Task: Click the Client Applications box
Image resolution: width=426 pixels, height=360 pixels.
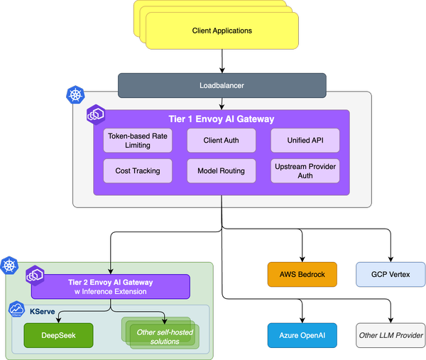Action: coord(222,31)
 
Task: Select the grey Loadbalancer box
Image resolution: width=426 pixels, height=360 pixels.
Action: coord(222,85)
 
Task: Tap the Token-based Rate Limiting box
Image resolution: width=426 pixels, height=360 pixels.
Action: coord(138,141)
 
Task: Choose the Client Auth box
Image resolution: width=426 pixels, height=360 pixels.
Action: coord(222,141)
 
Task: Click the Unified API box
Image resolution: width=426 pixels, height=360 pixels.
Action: coord(305,141)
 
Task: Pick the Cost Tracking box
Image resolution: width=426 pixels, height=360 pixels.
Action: coord(138,171)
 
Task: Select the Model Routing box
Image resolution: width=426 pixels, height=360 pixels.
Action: coord(222,171)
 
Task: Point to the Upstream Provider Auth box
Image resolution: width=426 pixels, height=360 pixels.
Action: coord(305,171)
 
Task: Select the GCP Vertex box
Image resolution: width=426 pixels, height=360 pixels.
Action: coord(390,274)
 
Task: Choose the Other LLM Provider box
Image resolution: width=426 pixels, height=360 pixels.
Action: coord(390,334)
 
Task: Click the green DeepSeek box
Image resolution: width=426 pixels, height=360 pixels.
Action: coord(58,335)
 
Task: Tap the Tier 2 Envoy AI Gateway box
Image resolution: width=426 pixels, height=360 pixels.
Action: coord(110,286)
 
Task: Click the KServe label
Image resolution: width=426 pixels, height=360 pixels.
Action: coord(43,311)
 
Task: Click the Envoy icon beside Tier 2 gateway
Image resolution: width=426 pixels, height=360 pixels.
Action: coord(35,275)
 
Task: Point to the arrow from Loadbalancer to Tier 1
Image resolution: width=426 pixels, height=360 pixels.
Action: coord(222,104)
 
